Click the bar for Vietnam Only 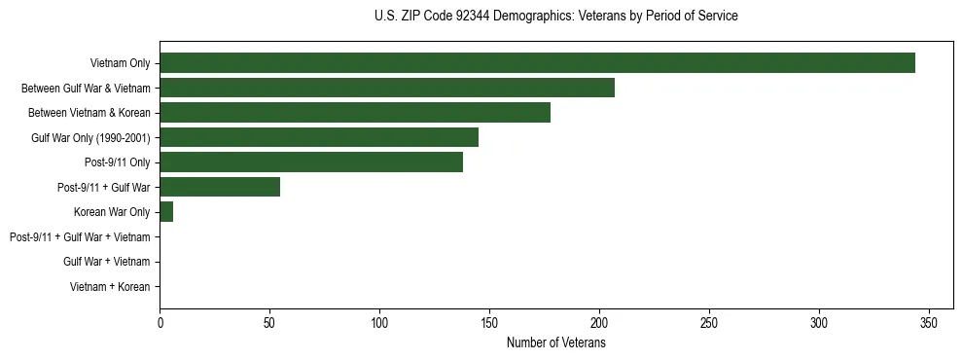537,63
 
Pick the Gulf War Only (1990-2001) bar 319,137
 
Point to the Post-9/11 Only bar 311,162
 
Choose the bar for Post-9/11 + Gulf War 220,187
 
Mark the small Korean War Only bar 166,212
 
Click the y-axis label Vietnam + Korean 110,287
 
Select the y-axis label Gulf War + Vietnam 107,262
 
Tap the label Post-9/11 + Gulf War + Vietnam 80,237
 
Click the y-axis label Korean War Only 112,212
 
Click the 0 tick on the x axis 160,323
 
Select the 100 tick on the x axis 379,323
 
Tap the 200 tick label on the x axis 599,323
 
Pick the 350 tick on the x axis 929,323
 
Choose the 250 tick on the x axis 709,323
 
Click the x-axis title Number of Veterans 556,342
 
